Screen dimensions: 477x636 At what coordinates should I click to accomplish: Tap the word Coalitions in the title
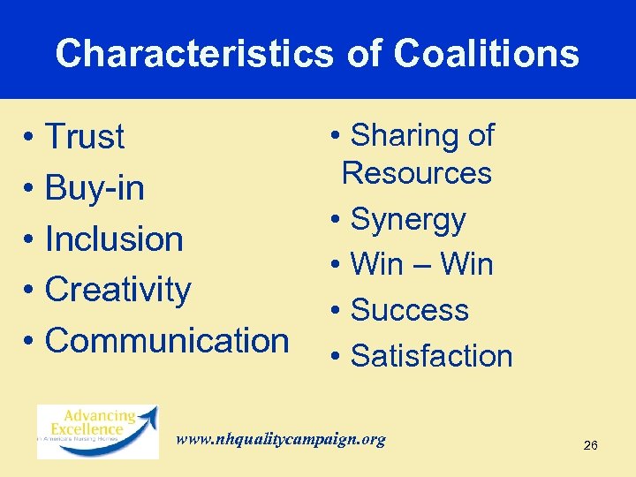[x=486, y=54]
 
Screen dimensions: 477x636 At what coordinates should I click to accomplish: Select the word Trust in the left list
[x=85, y=137]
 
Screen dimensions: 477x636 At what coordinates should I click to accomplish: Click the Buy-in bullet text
[x=95, y=188]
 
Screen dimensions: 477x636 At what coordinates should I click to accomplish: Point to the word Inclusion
[x=114, y=238]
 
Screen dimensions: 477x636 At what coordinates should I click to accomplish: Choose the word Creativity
[x=117, y=290]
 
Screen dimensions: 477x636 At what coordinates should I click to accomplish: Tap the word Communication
[x=167, y=340]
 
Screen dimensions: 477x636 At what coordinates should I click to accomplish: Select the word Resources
[x=417, y=173]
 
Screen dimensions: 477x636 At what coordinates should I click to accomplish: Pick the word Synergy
[x=408, y=220]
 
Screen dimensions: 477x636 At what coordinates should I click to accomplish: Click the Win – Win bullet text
[x=421, y=264]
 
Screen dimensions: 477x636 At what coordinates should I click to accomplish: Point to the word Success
[x=410, y=310]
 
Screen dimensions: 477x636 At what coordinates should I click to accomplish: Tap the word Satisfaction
[x=432, y=356]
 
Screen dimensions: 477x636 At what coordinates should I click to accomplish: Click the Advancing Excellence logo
[x=97, y=430]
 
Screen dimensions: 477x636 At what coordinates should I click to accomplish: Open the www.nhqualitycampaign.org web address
[x=281, y=439]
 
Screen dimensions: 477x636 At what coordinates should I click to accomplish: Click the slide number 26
[x=591, y=445]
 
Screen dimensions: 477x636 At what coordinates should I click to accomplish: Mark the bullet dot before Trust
[x=29, y=139]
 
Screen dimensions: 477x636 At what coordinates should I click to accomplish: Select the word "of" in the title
[x=364, y=54]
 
